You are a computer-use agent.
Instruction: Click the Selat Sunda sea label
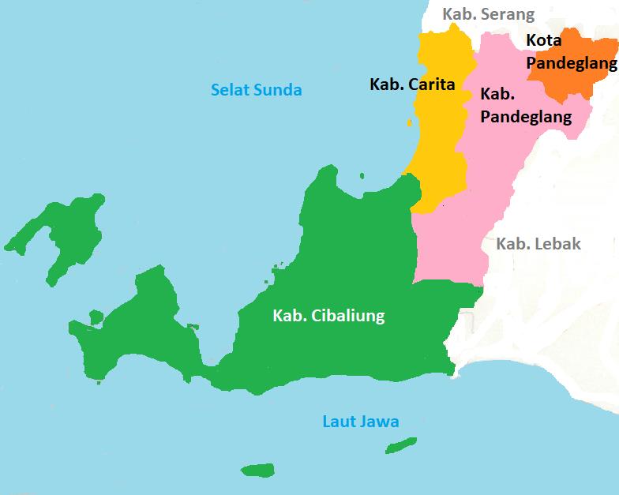tap(256, 89)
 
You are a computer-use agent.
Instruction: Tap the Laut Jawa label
tap(360, 422)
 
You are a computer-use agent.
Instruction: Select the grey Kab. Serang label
tap(488, 14)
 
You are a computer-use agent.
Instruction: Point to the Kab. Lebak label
tap(538, 244)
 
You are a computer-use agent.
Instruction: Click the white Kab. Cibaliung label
tap(328, 316)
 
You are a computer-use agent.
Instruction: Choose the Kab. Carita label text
tap(412, 84)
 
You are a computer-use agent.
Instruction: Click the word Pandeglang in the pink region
tap(526, 117)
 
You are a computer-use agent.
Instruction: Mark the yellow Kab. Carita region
tap(438, 150)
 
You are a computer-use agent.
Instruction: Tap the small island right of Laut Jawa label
tap(406, 446)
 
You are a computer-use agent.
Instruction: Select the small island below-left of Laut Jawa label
tap(257, 471)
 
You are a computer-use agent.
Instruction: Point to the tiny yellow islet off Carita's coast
tap(409, 122)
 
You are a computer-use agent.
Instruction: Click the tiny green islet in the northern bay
tap(362, 176)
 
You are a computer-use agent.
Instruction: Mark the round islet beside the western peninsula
tap(96, 317)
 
